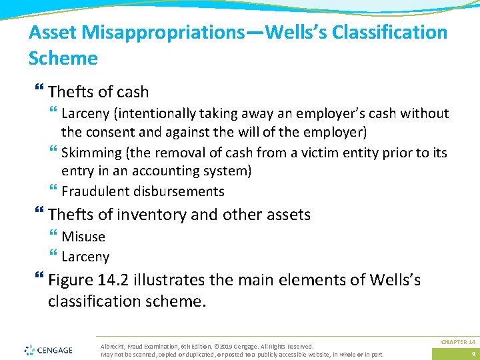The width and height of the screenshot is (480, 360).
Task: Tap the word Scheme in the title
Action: point(63,58)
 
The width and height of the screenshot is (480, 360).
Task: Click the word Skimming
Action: point(91,153)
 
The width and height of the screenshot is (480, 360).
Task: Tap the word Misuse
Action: point(83,236)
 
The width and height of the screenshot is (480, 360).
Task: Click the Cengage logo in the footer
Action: point(50,349)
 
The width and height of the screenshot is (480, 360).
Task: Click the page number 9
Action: point(472,353)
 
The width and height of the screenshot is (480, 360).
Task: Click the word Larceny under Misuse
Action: point(85,257)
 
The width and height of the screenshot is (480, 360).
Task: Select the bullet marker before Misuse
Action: point(53,237)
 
